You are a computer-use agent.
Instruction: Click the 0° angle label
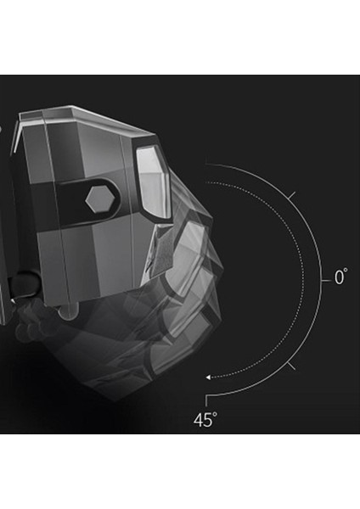pos(340,277)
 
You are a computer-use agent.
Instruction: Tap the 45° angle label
pos(205,420)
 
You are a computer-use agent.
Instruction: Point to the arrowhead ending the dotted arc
pos(209,378)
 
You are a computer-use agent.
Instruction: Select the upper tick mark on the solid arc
pos(292,195)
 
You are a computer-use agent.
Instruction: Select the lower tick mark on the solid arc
pos(291,366)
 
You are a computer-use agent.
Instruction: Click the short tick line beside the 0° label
pos(326,281)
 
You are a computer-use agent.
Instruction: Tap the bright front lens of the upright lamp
pos(154,181)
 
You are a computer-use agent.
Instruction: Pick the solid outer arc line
pos(321,280)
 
